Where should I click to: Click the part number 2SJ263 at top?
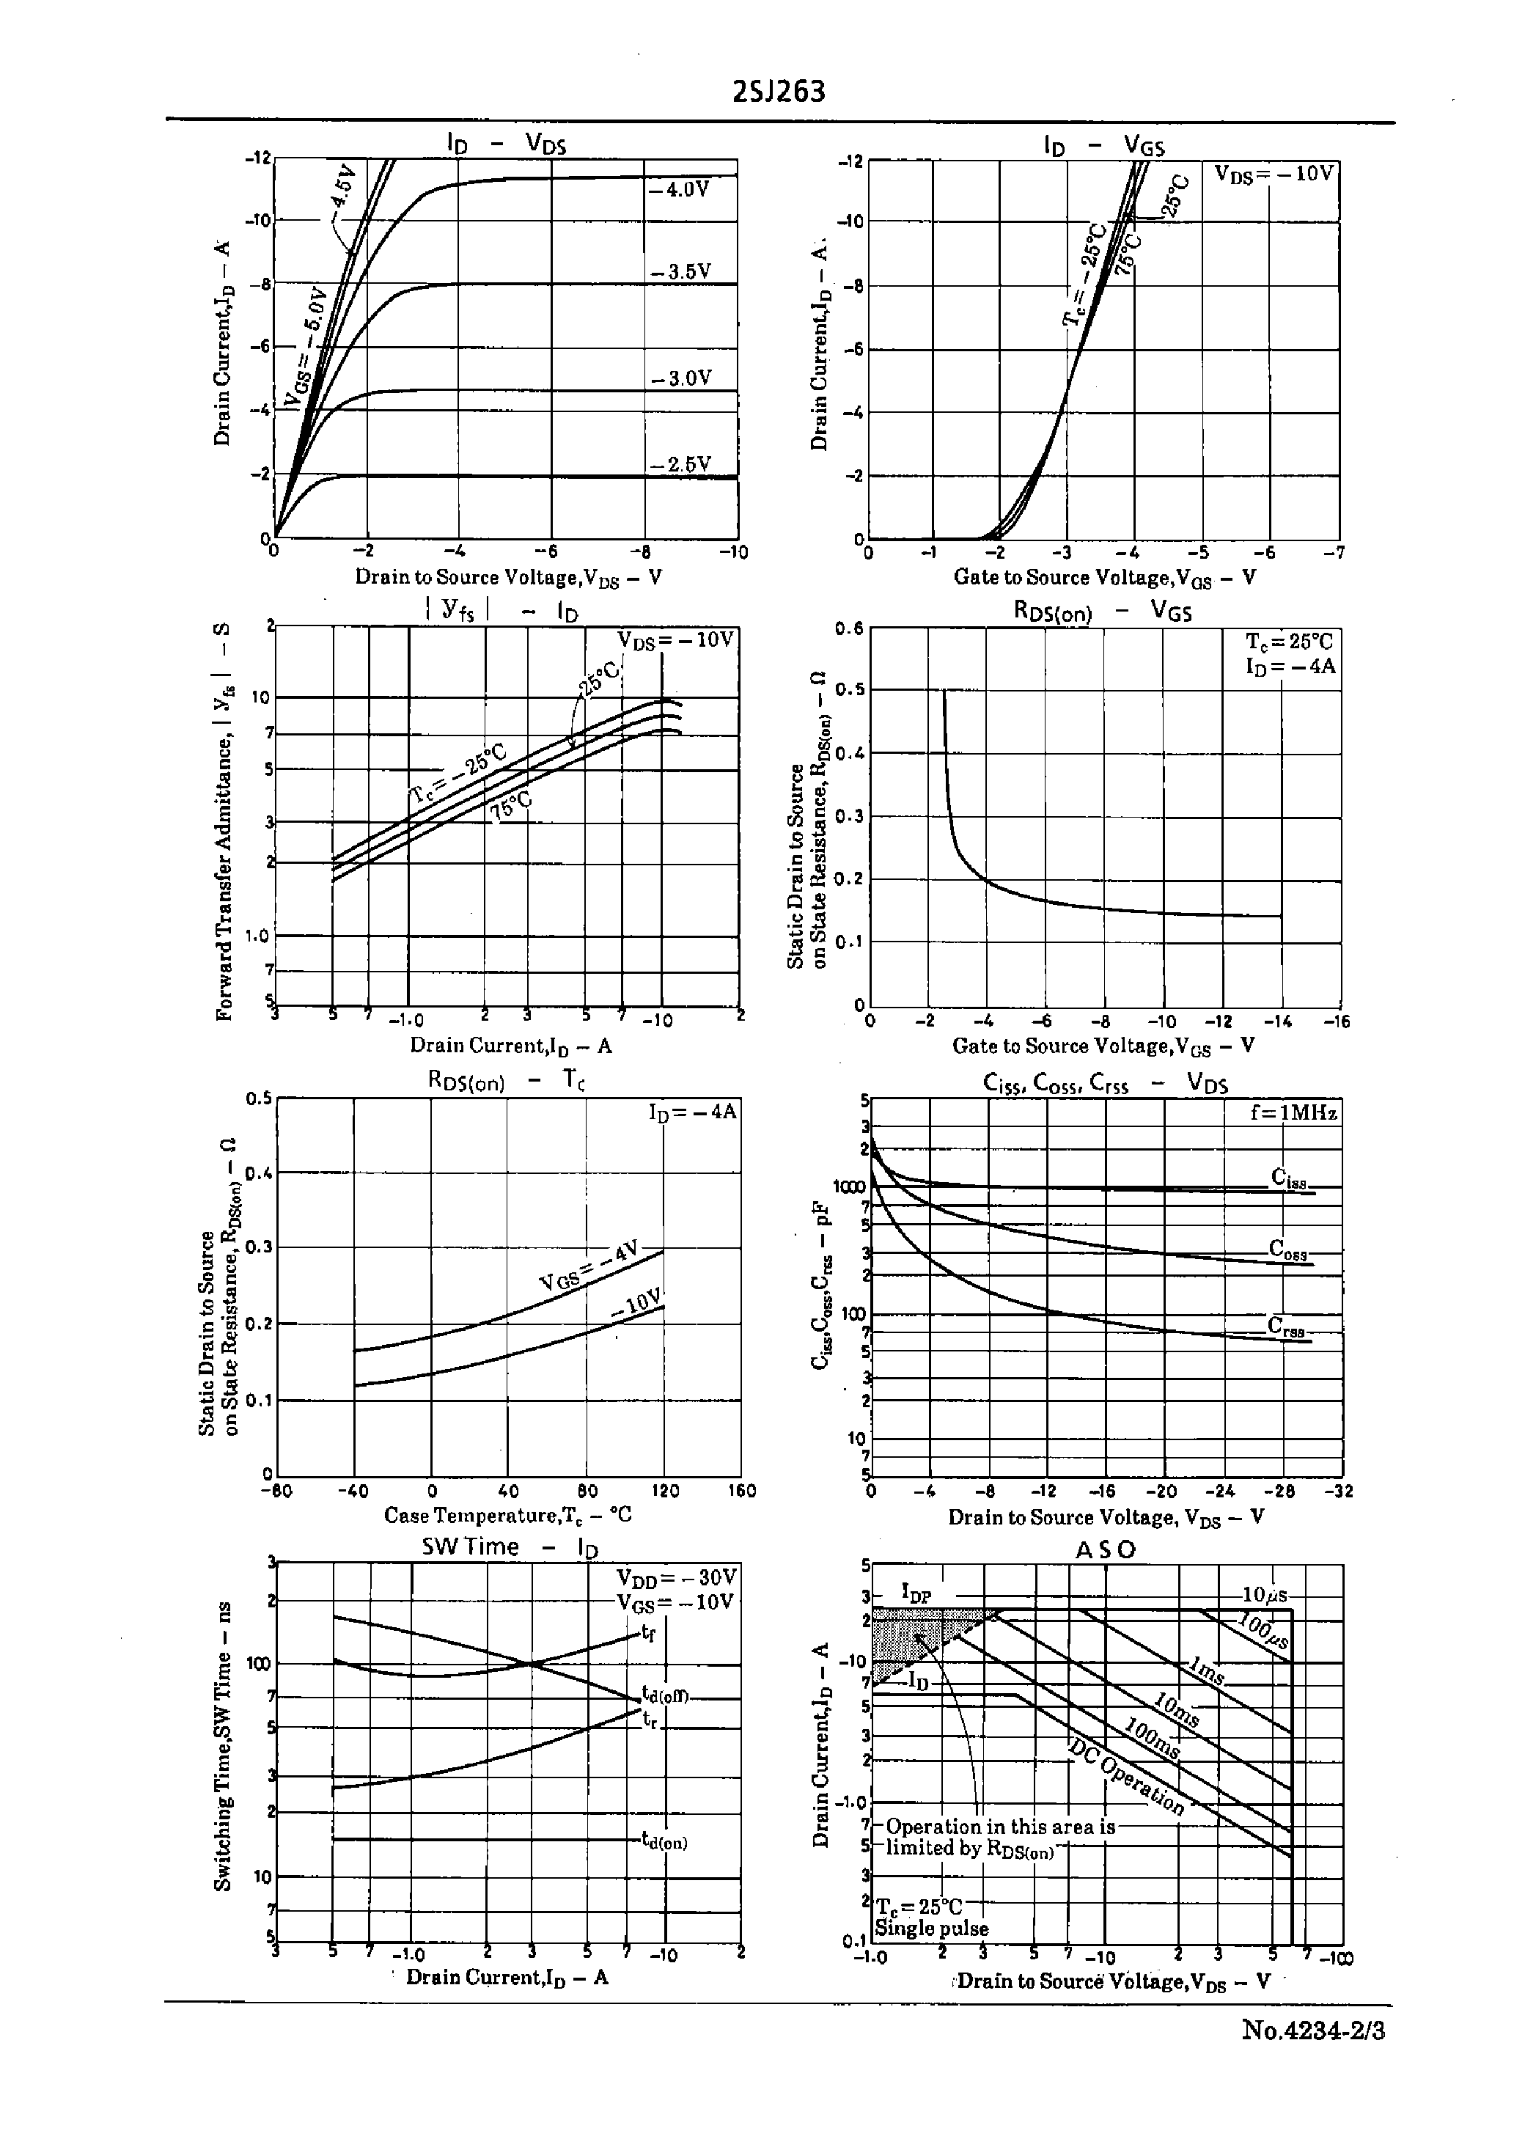pyautogui.click(x=779, y=92)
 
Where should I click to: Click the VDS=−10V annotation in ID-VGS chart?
pyautogui.click(x=1274, y=175)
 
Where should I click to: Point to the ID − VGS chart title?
pyautogui.click(x=1103, y=144)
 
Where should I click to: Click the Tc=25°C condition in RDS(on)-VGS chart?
pyautogui.click(x=1288, y=642)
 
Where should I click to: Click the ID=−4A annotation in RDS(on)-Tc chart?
pyautogui.click(x=692, y=1112)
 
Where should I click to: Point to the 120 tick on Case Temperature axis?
pyautogui.click(x=664, y=1491)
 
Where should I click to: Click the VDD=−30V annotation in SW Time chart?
pyautogui.click(x=676, y=1577)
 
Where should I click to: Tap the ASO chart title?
pyautogui.click(x=1105, y=1550)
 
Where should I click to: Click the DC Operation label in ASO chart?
pyautogui.click(x=1127, y=1774)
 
